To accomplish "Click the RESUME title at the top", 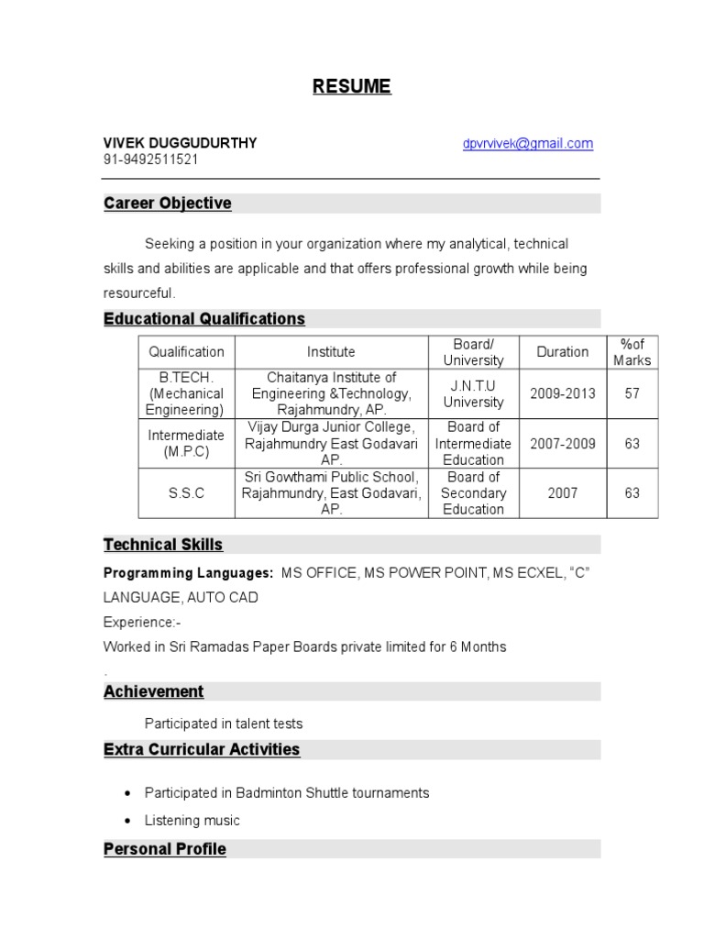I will [351, 86].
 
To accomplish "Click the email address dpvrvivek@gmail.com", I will [527, 144].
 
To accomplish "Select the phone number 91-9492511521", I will [150, 160].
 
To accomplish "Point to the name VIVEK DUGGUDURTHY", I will [180, 143].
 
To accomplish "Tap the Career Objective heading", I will [167, 204].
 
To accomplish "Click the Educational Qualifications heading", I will [204, 319].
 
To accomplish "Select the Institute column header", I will [331, 352].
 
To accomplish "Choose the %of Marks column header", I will [632, 352].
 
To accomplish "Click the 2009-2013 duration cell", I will [563, 393].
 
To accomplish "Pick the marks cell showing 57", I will [632, 393].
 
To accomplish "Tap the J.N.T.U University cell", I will [473, 393].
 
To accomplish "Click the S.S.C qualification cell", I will [186, 493].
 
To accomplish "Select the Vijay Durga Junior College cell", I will [331, 444].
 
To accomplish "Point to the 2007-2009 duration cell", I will [563, 444].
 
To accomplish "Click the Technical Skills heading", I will [163, 545].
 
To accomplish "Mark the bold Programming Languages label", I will [188, 573].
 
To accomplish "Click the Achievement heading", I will [154, 691].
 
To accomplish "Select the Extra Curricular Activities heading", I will [202, 749].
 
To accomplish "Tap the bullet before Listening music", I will [126, 821].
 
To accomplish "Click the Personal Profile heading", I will [165, 849].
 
